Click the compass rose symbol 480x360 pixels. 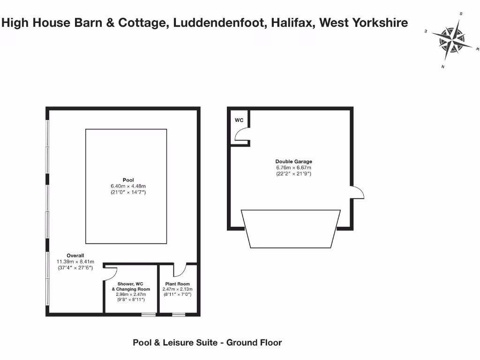[452, 40]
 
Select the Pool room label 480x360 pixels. [128, 180]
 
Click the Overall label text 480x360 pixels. [75, 255]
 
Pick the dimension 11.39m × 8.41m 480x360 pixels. [75, 262]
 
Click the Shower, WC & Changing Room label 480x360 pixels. [131, 286]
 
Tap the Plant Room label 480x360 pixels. [178, 284]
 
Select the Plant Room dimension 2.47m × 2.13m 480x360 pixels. [178, 290]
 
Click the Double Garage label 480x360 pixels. [294, 162]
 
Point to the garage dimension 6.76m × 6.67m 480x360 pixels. [294, 168]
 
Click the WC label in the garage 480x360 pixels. [239, 120]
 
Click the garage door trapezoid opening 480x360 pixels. [291, 228]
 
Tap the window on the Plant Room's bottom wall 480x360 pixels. [178, 314]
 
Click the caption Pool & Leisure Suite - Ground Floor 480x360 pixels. [207, 343]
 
